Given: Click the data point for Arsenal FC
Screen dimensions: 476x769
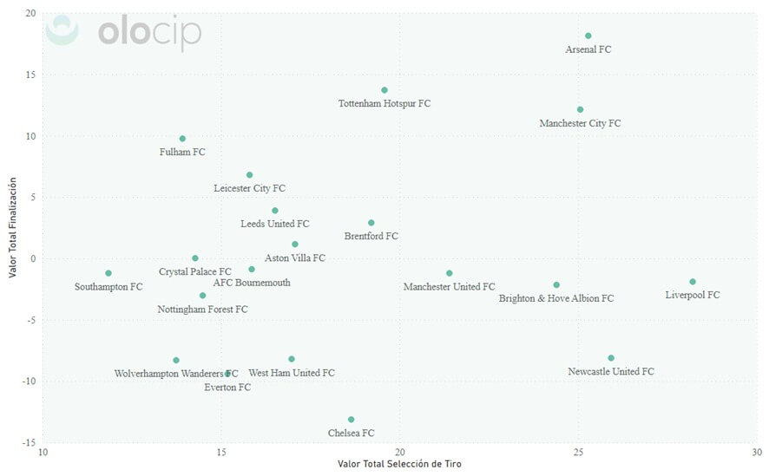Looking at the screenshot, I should click(x=588, y=36).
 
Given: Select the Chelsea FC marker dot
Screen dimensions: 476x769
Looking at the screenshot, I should click(x=351, y=420).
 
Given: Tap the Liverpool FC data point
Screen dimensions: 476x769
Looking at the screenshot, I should click(x=693, y=282).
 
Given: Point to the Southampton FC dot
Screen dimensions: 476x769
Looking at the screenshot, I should click(x=108, y=273).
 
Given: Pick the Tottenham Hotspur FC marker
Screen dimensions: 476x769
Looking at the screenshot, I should click(x=384, y=90).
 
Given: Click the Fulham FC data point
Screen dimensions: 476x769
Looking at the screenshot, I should click(x=182, y=139).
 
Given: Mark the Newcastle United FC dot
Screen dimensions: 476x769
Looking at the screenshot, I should click(x=611, y=358).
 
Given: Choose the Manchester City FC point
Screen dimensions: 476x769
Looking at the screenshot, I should click(x=580, y=110).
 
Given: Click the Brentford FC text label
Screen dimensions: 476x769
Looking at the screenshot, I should click(x=371, y=236).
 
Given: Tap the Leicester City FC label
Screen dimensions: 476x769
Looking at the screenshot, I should click(x=249, y=188).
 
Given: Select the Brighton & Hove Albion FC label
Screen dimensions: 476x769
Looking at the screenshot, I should click(x=555, y=298).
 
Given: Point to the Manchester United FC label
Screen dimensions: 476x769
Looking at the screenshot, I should click(x=449, y=287).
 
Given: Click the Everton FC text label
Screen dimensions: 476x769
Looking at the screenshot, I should click(x=227, y=388).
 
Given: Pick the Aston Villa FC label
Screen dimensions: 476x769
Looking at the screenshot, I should click(x=294, y=258).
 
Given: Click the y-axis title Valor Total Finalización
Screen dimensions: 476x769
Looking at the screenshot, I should click(x=12, y=228).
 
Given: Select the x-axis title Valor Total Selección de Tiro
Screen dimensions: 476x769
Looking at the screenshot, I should click(x=399, y=465).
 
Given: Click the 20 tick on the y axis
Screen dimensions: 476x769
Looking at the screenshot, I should click(x=30, y=14).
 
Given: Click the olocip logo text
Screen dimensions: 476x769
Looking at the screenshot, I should click(x=149, y=33).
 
